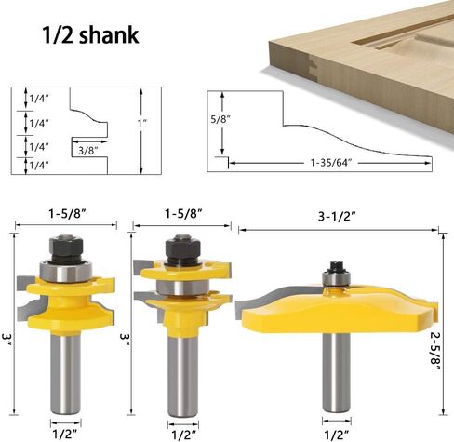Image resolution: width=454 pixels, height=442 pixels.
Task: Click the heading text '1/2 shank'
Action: click(x=90, y=34)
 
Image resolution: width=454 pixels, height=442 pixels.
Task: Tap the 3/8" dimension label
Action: click(x=88, y=151)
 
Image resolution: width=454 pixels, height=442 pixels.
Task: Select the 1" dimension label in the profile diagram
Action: click(x=142, y=123)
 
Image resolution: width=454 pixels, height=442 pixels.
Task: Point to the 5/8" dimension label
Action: click(x=220, y=119)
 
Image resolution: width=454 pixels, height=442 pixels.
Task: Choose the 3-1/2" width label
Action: click(x=337, y=216)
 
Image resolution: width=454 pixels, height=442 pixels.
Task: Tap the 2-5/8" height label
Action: click(x=436, y=351)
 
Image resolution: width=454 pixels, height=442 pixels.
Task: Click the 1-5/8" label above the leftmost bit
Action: click(x=67, y=214)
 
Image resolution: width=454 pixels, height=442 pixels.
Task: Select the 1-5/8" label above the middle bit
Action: click(x=183, y=214)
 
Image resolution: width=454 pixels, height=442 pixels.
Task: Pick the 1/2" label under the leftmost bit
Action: click(x=66, y=435)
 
